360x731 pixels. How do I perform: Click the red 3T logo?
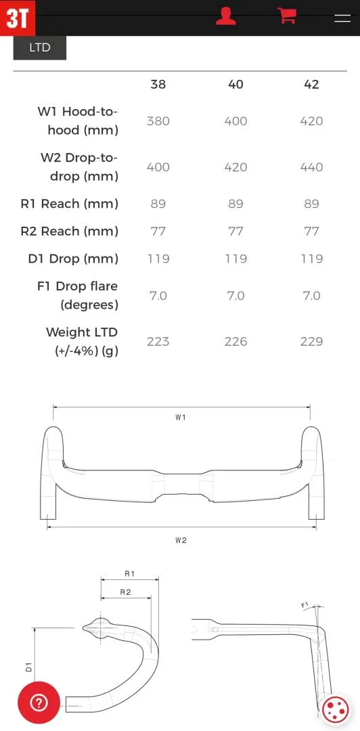(x=17, y=18)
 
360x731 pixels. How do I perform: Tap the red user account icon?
(x=226, y=16)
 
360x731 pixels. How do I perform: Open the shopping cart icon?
(x=287, y=16)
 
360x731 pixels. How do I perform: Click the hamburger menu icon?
(x=342, y=18)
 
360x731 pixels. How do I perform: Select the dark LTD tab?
(x=40, y=47)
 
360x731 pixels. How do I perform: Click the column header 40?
(x=235, y=85)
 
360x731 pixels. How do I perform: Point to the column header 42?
(x=311, y=85)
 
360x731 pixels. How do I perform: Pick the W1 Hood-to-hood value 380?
(x=158, y=121)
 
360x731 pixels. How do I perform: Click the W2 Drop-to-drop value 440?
(x=311, y=167)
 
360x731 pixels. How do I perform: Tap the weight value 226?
(x=235, y=342)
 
